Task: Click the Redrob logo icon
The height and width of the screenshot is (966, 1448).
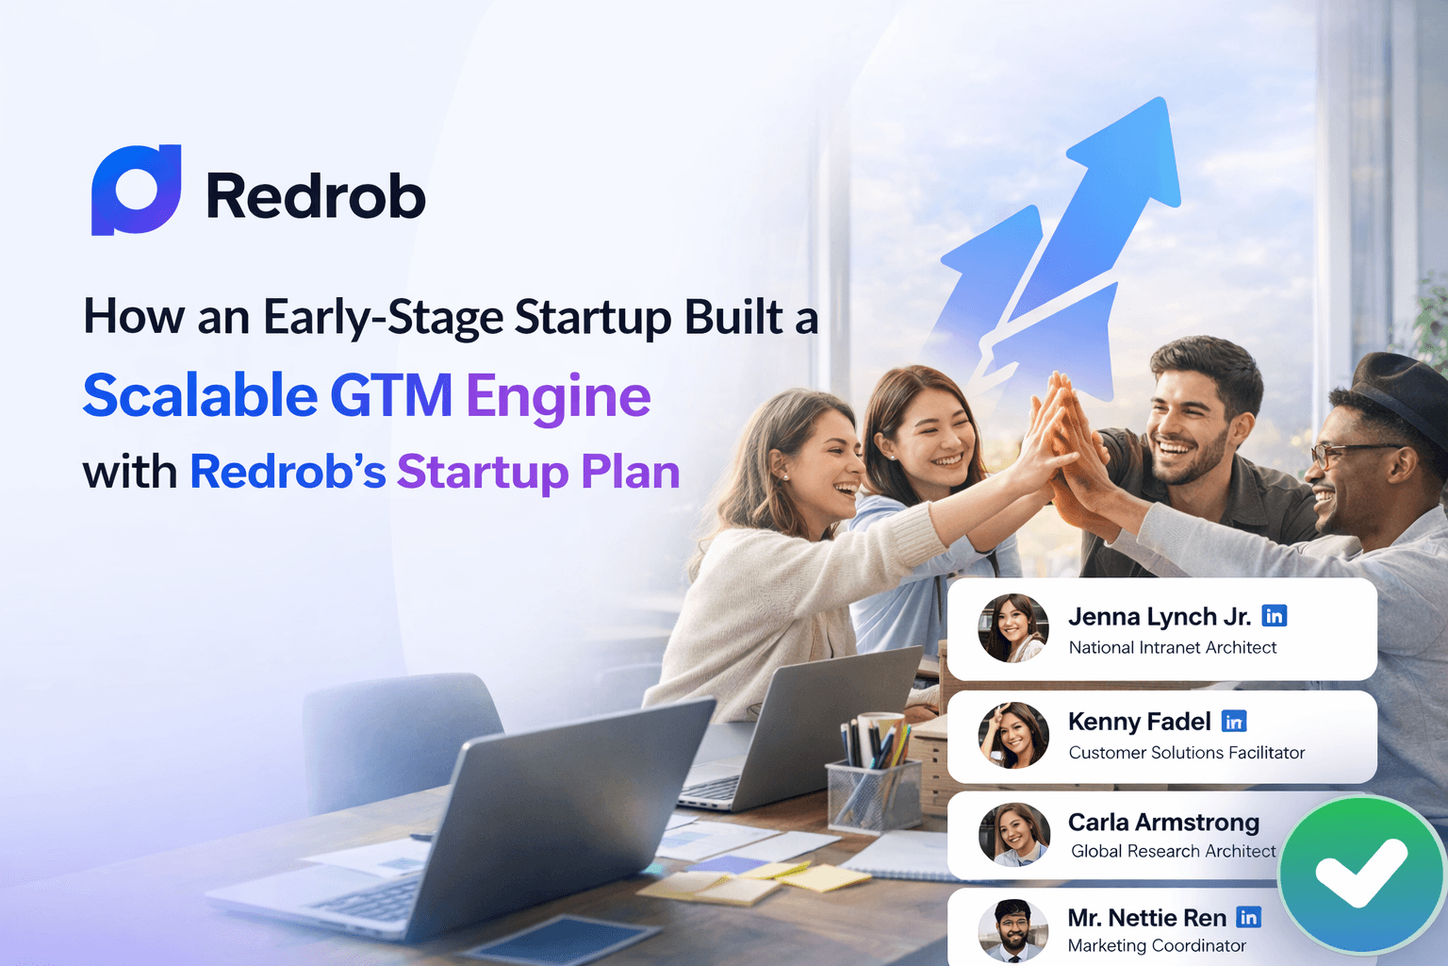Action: point(136,190)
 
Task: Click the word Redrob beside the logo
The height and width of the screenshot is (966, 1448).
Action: point(315,196)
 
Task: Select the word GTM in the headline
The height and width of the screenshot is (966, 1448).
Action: point(391,395)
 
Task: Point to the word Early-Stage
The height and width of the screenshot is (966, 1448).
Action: point(383,317)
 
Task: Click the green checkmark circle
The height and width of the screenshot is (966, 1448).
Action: point(1361,874)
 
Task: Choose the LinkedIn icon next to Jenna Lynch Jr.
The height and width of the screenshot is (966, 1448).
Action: point(1274,616)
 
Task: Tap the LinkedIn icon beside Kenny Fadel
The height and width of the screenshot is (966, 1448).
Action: point(1234,722)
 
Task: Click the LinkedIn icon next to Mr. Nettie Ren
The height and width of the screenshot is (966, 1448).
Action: point(1248,917)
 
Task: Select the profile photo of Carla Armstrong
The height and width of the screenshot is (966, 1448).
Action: point(1013,834)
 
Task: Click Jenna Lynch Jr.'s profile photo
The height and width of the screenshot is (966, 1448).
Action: point(1013,627)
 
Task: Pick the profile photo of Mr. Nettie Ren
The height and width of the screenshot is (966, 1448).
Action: point(1013,930)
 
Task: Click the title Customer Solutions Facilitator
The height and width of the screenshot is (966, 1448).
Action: point(1186,753)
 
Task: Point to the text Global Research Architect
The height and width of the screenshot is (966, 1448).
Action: point(1173,851)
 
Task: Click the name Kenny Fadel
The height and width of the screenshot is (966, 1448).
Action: point(1139,722)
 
